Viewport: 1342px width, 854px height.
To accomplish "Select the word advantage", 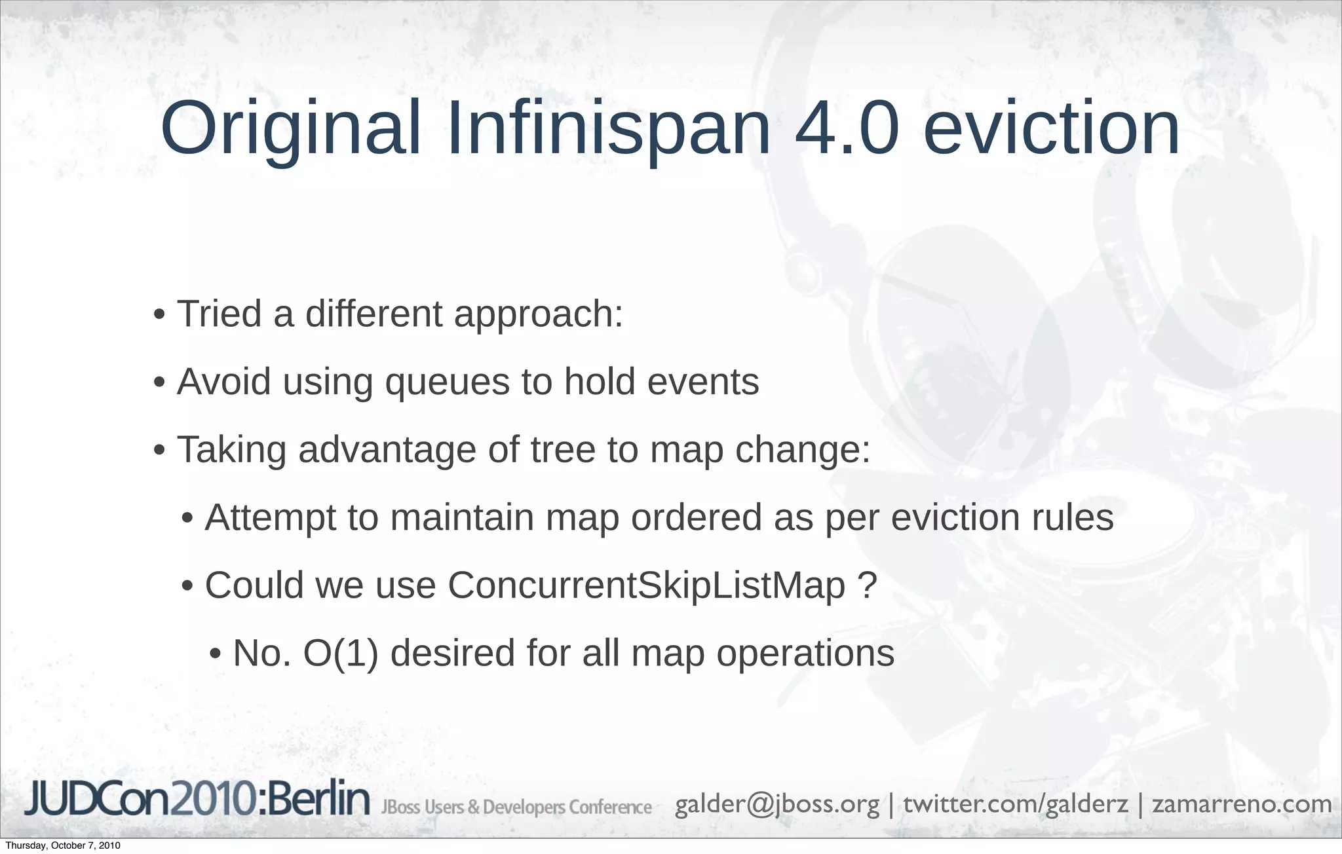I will click(x=387, y=450).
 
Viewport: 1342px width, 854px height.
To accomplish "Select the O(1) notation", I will click(x=341, y=653).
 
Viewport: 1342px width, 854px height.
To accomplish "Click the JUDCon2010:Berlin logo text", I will click(x=197, y=800).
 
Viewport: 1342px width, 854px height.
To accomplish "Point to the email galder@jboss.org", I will click(x=777, y=804).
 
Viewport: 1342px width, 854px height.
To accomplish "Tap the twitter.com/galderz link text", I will click(x=1016, y=804).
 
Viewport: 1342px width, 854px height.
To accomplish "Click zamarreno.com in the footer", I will click(x=1242, y=804).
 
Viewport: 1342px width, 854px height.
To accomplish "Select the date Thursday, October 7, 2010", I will click(x=63, y=845).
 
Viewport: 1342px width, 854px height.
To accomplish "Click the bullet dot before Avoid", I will click(x=159, y=383).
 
